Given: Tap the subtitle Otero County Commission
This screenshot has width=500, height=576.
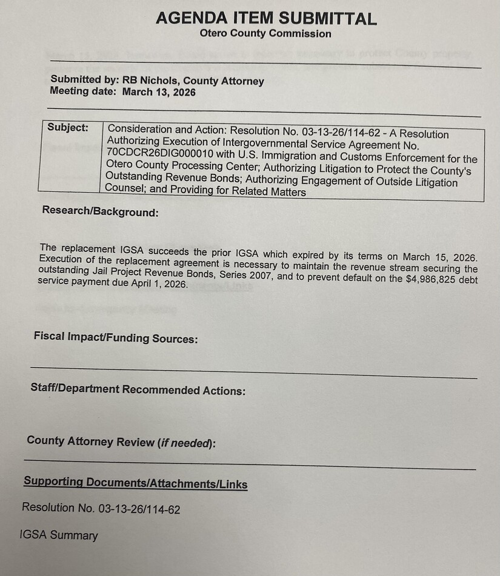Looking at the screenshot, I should (x=265, y=34).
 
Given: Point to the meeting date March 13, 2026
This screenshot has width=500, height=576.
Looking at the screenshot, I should (x=159, y=92).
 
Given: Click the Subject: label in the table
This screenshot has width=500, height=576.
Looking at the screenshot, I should (x=67, y=128).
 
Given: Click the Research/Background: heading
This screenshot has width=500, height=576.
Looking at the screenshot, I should (x=100, y=213).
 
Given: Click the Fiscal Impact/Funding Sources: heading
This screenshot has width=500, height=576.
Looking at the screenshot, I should (x=116, y=339).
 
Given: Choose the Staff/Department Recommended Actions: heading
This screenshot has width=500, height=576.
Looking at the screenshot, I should (x=138, y=390).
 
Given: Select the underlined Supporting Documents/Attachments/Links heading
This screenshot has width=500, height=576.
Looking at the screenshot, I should (x=135, y=483).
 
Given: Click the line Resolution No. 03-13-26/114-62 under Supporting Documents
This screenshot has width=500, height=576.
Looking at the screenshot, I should (x=101, y=509).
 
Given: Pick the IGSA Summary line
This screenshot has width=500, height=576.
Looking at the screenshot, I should (x=59, y=535).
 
